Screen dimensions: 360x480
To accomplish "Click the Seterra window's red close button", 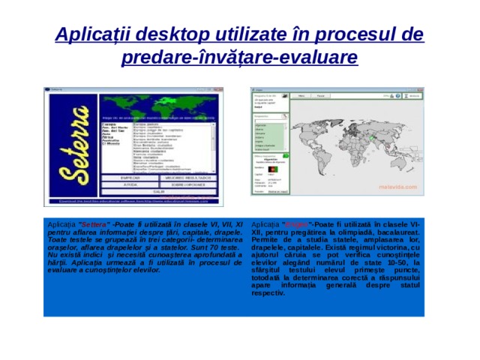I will [221, 89].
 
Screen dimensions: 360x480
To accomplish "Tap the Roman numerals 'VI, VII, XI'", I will [219, 224].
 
